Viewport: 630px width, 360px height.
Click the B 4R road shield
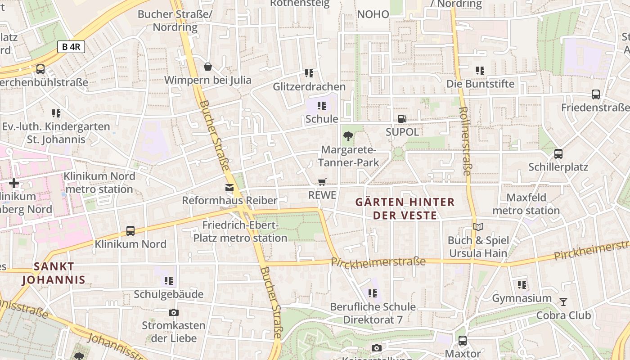(71, 46)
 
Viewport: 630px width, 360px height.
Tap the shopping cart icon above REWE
(322, 182)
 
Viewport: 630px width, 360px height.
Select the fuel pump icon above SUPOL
(402, 119)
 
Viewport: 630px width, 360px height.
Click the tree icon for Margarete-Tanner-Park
(348, 136)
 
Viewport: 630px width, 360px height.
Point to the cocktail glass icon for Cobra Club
(563, 301)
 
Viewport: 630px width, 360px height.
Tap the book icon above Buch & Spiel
(478, 227)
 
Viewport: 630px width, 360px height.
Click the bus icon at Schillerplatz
(558, 154)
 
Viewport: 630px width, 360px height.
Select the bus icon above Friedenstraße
(595, 94)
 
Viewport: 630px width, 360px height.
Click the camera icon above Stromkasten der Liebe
(174, 312)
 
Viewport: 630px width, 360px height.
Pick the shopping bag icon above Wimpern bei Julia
(208, 67)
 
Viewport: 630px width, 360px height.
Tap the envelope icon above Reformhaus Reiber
(229, 187)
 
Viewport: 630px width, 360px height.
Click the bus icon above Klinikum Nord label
(130, 231)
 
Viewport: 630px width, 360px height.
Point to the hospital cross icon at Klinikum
(14, 183)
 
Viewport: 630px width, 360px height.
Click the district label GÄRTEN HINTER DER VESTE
(405, 208)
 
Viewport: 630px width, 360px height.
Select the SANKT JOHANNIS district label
(54, 273)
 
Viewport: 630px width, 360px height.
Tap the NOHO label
(373, 14)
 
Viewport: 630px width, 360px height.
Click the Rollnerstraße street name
(465, 140)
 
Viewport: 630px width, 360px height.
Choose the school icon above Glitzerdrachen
(309, 73)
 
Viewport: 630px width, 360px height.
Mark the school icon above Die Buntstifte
(480, 71)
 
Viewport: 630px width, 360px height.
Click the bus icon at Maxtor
(462, 341)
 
